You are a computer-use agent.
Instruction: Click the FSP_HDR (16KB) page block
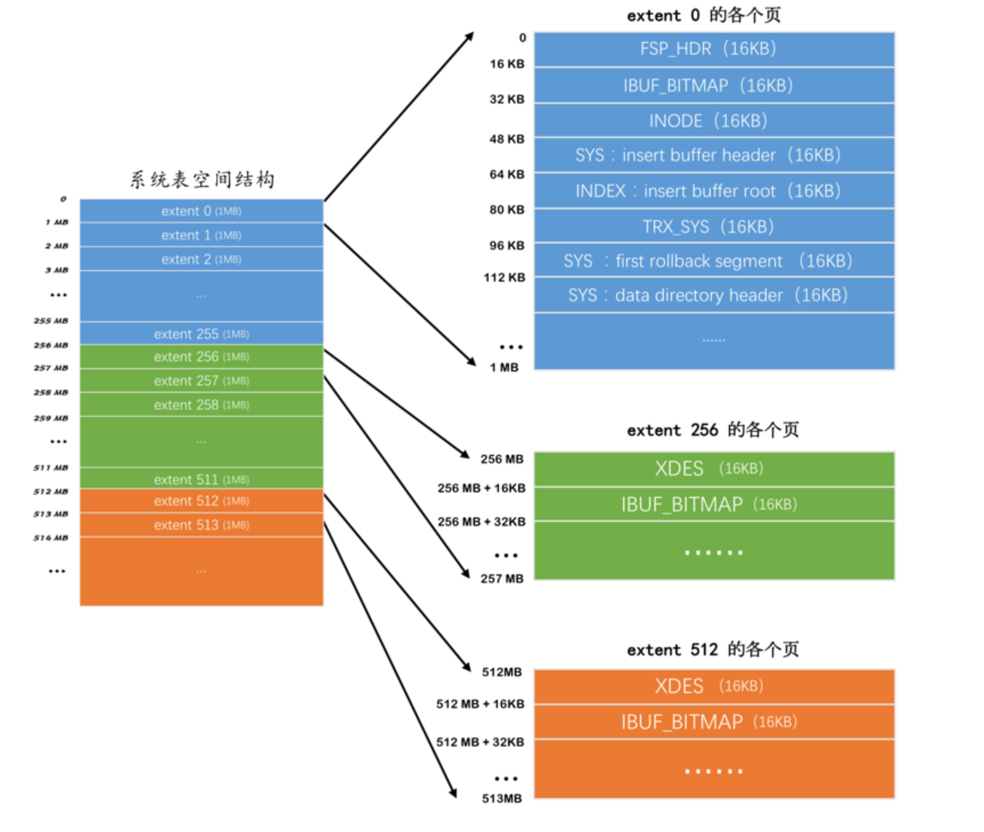(714, 49)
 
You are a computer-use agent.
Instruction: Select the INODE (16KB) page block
(714, 121)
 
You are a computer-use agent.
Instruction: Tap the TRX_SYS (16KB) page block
(714, 227)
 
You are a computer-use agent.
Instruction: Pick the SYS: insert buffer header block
(714, 155)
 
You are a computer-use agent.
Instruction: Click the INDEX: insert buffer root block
(714, 191)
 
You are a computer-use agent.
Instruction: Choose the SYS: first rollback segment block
(714, 261)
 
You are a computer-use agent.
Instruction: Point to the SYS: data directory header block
(714, 295)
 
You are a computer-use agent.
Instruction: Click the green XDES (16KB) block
(714, 469)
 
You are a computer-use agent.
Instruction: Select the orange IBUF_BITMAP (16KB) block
(714, 722)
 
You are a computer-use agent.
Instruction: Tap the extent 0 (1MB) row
(201, 211)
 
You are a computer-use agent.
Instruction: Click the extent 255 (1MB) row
(201, 334)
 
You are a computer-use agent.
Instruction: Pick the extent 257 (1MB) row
(201, 381)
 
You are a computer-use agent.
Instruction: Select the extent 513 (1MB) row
(201, 525)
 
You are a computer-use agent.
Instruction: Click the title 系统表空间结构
(202, 180)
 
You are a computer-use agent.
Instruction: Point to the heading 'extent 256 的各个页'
(713, 430)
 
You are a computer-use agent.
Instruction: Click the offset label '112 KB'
(505, 278)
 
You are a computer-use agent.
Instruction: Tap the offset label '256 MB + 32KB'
(482, 522)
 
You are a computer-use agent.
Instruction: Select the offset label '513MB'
(502, 798)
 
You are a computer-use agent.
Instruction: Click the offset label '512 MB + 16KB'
(481, 704)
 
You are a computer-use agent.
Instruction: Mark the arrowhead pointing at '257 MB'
(466, 574)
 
